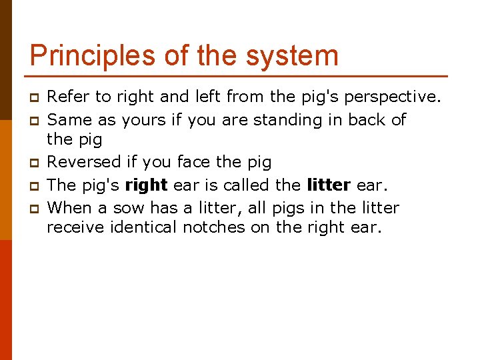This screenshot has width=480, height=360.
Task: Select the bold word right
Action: coord(146,185)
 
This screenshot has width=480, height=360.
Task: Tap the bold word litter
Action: coord(329,185)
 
